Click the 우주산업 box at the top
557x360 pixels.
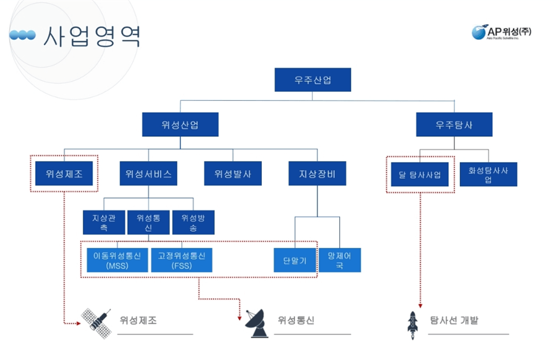312,80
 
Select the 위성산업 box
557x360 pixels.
180,125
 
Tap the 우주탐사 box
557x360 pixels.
454,125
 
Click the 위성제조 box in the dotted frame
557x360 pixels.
64,174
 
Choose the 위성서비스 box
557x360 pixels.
148,174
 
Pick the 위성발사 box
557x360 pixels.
233,174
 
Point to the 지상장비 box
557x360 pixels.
317,174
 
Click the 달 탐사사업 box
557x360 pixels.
420,175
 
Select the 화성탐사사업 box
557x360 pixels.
488,174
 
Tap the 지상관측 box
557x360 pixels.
104,222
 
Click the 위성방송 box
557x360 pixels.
193,222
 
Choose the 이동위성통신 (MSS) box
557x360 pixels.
117,260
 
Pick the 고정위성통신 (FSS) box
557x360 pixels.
181,260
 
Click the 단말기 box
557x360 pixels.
294,260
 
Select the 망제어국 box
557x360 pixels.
340,260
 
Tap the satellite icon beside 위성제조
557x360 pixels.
96,320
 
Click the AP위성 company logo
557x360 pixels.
501,32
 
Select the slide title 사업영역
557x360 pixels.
92,36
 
